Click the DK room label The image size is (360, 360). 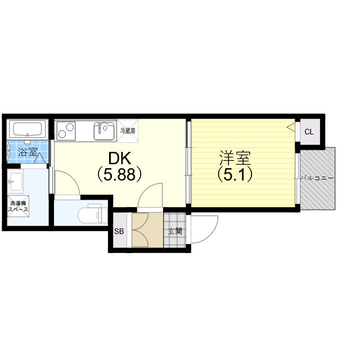(x=120, y=158)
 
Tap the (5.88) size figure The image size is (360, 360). (x=119, y=174)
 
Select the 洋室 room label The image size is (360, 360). (x=235, y=158)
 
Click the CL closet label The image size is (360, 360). (x=309, y=132)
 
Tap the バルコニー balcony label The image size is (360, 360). (x=317, y=178)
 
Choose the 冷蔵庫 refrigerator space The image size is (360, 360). (x=128, y=130)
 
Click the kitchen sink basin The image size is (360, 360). (x=105, y=131)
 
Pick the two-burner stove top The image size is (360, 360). (x=66, y=130)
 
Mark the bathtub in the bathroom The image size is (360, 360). (x=28, y=129)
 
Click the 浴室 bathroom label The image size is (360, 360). (x=28, y=152)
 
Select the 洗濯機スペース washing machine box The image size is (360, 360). (x=18, y=206)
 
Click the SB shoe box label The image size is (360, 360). (x=119, y=231)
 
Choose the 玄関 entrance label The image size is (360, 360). (x=175, y=231)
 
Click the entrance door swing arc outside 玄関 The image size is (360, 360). (x=211, y=232)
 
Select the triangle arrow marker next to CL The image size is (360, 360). (x=291, y=127)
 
